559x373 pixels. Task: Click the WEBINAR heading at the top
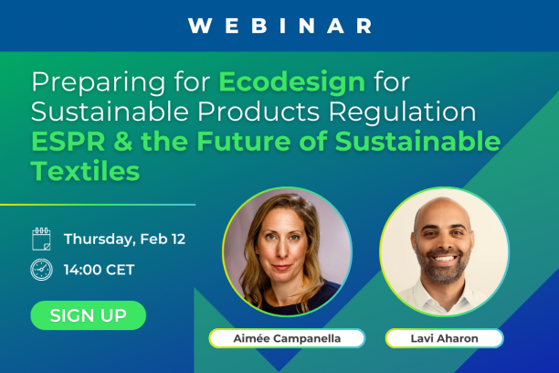(x=279, y=26)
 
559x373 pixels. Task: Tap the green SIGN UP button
(x=88, y=315)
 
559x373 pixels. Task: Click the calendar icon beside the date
(x=41, y=240)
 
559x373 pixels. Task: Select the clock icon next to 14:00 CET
(x=41, y=270)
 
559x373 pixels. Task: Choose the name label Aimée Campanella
(x=287, y=338)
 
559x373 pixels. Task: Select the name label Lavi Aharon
(x=444, y=338)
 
